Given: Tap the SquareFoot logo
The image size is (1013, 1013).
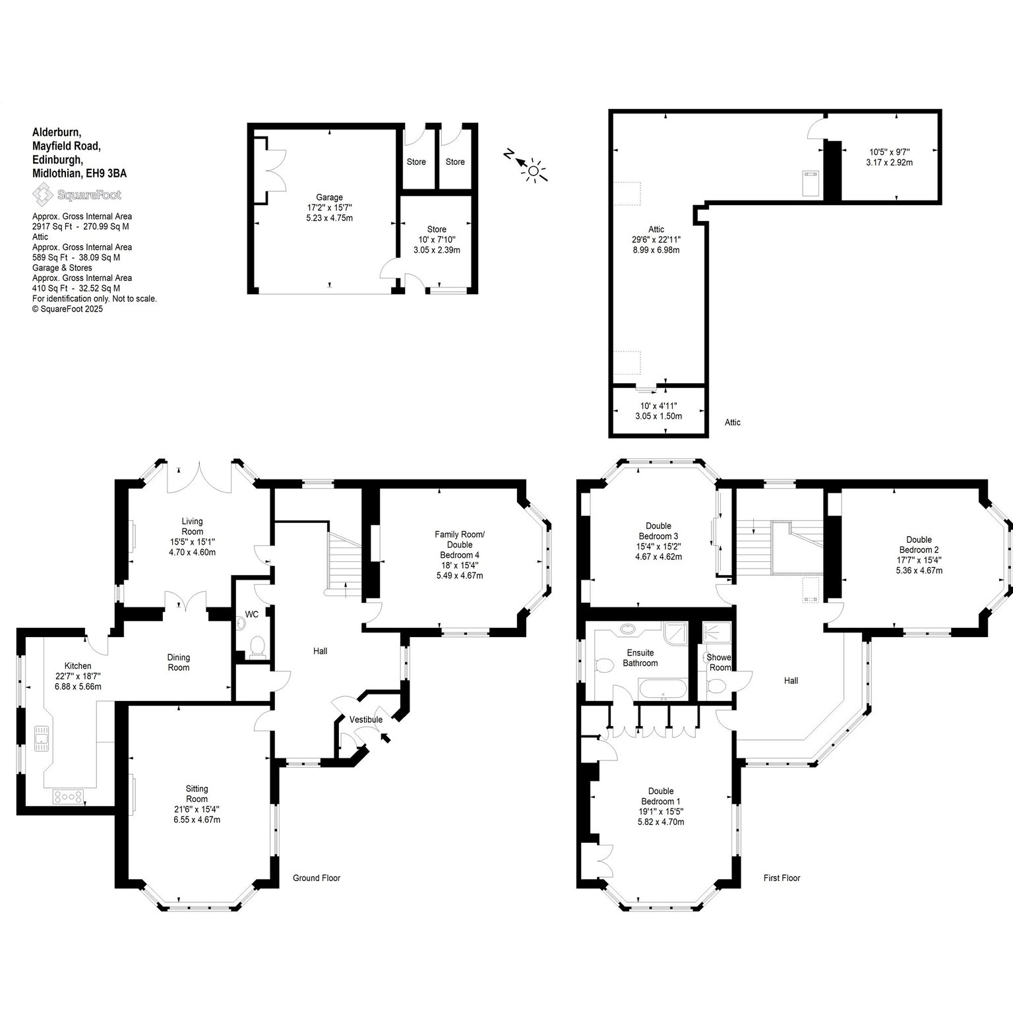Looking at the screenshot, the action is pyautogui.click(x=77, y=195).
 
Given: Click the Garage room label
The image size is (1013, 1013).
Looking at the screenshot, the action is pyautogui.click(x=330, y=197).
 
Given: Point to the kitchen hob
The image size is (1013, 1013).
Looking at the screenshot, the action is pyautogui.click(x=69, y=797).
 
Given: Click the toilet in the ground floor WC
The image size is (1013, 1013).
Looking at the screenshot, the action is pyautogui.click(x=257, y=646).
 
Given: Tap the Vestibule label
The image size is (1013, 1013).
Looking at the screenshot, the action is pyautogui.click(x=366, y=720).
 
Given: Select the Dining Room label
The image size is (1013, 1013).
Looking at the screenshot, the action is pyautogui.click(x=179, y=662).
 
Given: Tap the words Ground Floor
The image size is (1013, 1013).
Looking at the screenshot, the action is pyautogui.click(x=317, y=878).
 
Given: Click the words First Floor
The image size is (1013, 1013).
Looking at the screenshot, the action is pyautogui.click(x=782, y=878).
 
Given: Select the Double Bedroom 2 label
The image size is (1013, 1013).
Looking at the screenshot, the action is pyautogui.click(x=919, y=545).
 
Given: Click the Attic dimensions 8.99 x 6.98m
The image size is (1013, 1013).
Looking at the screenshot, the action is pyautogui.click(x=656, y=250).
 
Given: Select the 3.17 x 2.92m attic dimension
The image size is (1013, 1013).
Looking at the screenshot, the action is pyautogui.click(x=889, y=162).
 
